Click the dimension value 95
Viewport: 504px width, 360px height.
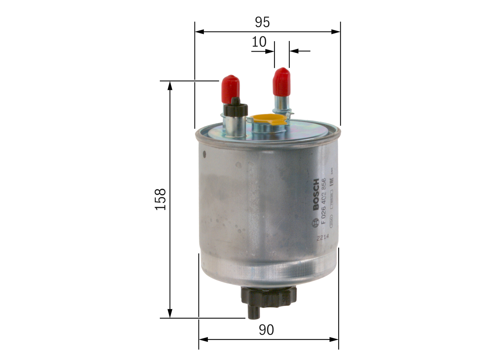pos(262,22)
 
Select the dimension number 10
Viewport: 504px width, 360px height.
pos(259,42)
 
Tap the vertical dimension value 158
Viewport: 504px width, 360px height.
pos(161,199)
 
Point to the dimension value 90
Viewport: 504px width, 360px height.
pos(266,330)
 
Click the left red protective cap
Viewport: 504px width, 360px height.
pos(230,87)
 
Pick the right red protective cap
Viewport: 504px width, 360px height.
pos(282,82)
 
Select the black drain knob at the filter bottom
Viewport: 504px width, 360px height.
pos(268,296)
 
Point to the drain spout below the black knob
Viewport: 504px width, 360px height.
pos(253,313)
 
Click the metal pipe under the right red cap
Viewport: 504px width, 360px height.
pos(282,104)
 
